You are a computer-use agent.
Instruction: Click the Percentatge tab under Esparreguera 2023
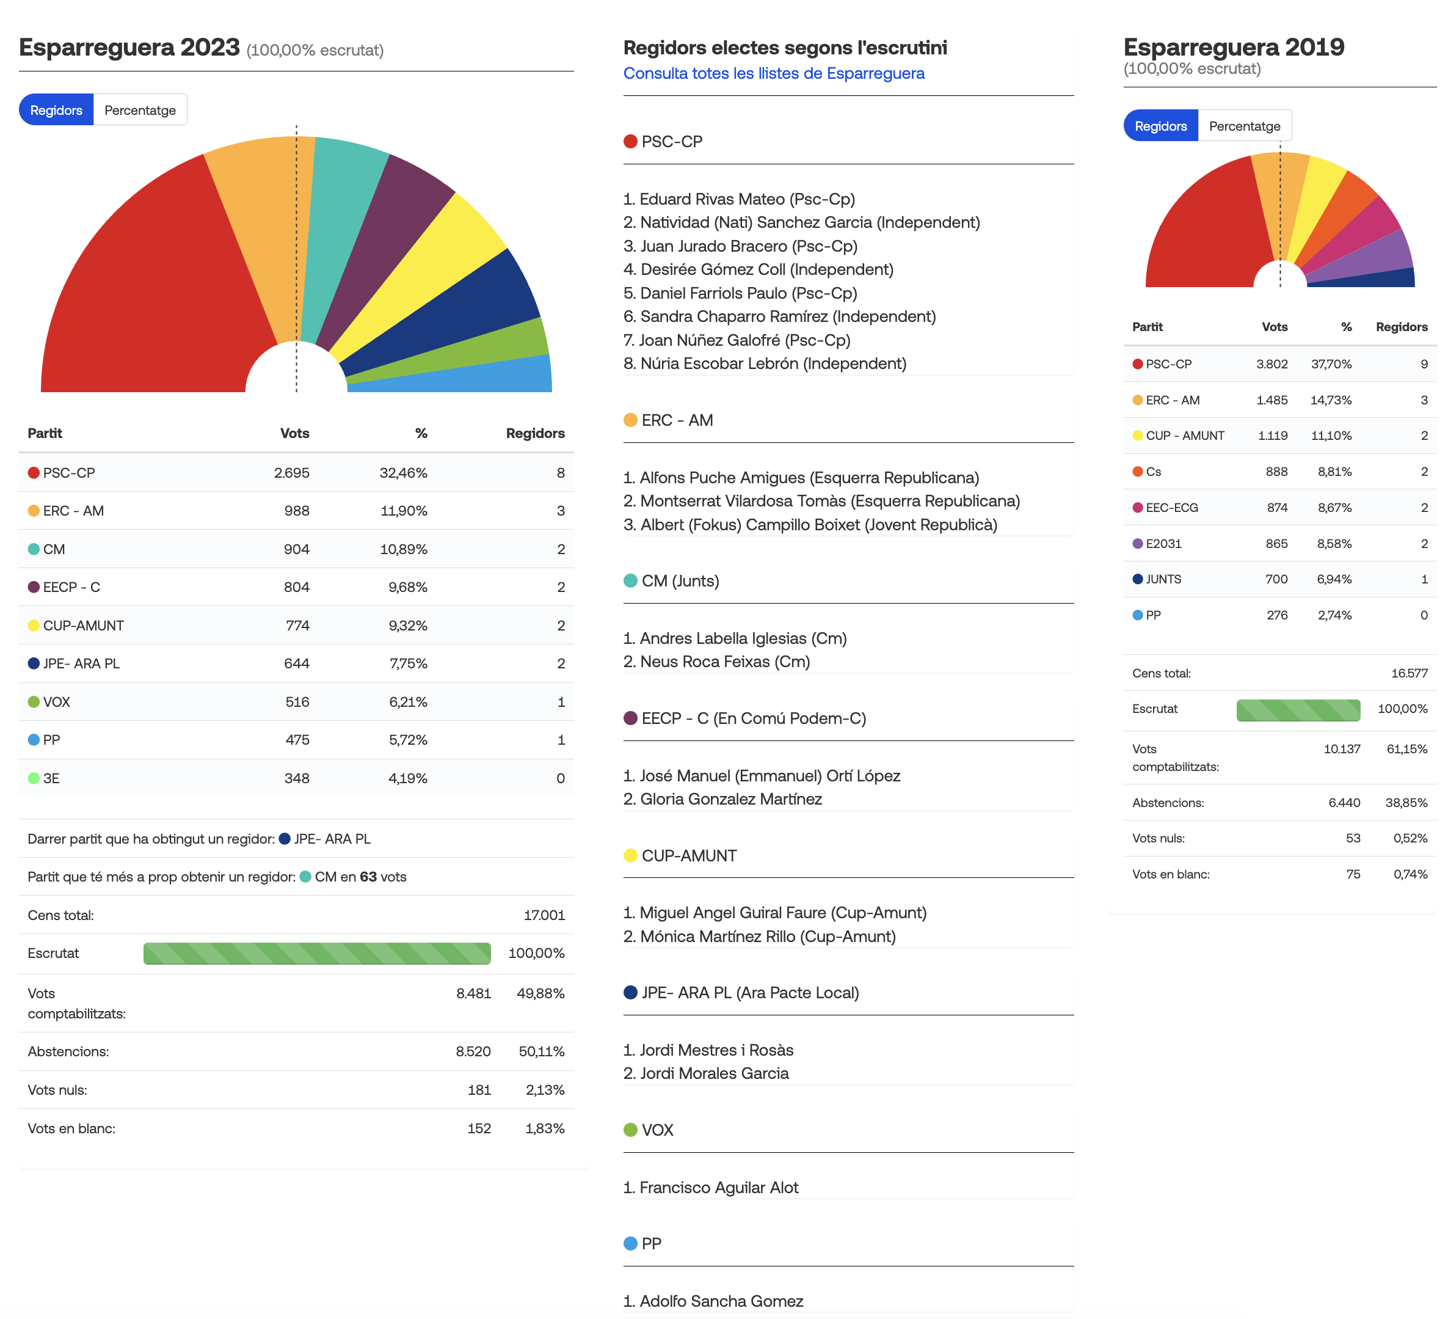pos(140,110)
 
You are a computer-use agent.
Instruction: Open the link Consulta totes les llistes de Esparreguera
pos(774,73)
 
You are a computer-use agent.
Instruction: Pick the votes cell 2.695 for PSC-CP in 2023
pos(291,473)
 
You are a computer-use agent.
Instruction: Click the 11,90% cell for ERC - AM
pos(404,511)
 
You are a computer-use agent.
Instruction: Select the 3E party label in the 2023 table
pos(51,778)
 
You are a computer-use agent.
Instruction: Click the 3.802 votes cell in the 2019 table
pos(1272,364)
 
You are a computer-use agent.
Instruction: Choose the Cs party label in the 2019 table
pos(1153,471)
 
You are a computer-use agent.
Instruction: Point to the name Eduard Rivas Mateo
pos(713,199)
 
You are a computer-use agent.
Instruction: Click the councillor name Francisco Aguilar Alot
pos(719,1188)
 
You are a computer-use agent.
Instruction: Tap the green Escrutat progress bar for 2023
pos(317,953)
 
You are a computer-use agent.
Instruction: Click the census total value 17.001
pos(544,915)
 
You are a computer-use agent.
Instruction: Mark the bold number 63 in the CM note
pos(368,877)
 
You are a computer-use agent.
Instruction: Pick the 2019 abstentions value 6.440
pos(1344,803)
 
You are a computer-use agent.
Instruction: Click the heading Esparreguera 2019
pos(1233,48)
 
